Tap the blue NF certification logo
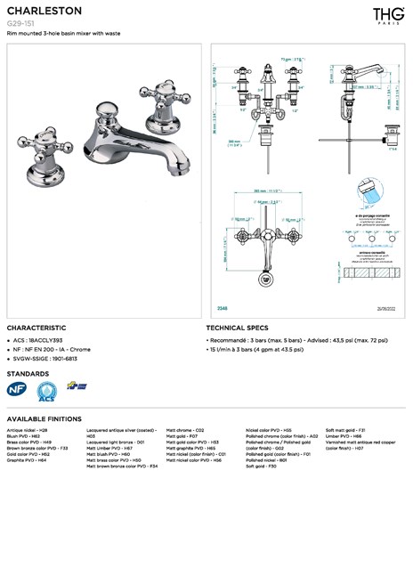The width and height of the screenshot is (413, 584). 17,388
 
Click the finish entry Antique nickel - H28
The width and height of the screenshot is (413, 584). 27,430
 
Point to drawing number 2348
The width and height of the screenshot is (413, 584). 223,307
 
